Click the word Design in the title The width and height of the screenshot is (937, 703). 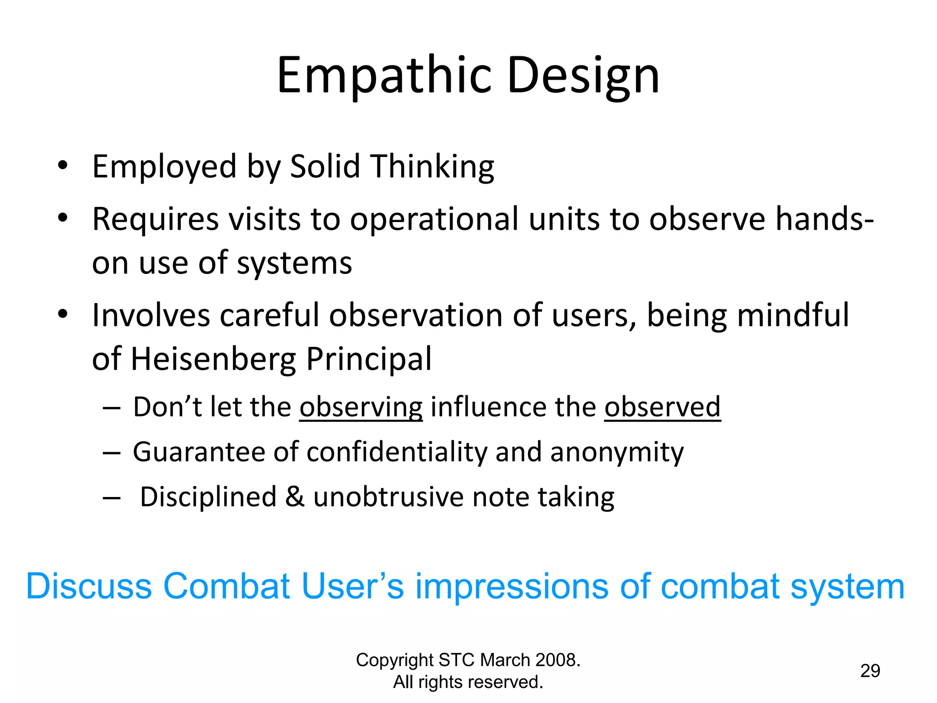pos(583,76)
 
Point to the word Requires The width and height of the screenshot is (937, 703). pos(156,219)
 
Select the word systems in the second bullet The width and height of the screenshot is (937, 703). pos(294,264)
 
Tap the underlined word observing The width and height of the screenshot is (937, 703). pos(361,407)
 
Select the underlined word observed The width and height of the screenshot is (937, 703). pos(662,406)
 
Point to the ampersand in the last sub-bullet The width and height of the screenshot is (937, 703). pos(295,497)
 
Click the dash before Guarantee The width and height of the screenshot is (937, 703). pos(112,453)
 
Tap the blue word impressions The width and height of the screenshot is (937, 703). pos(512,587)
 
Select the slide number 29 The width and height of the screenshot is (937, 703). pos(870,671)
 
